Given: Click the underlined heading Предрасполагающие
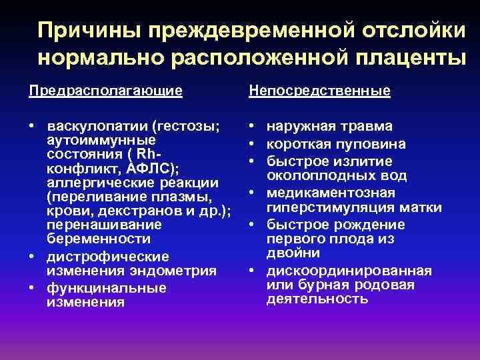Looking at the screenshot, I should click(105, 91).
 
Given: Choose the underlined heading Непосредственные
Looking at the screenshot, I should click(319, 91).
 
